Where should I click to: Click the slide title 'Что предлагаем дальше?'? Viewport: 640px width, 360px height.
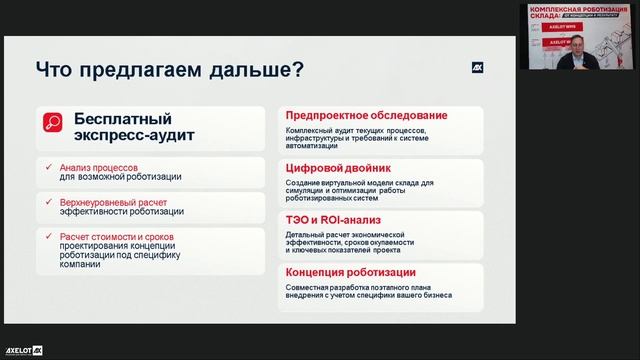170,70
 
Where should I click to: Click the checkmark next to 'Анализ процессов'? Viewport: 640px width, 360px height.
51,167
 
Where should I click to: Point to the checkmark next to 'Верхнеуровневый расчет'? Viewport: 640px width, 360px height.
51,201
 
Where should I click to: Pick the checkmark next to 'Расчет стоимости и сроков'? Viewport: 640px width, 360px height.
51,236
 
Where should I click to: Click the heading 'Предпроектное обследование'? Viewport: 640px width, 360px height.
366,115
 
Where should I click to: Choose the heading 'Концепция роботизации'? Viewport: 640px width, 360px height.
351,272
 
